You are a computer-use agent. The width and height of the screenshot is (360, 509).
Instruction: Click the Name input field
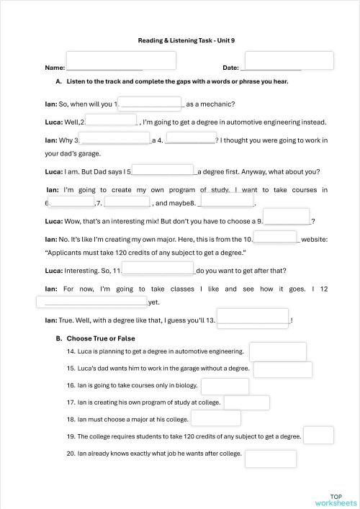(x=121, y=60)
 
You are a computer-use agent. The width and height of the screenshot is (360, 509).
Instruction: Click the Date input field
(x=289, y=60)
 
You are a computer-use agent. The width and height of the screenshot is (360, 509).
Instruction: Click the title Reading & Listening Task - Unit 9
(x=180, y=41)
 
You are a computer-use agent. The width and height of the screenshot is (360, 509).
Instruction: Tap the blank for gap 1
(x=150, y=104)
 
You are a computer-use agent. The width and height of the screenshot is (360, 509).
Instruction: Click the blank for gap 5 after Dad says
(x=163, y=171)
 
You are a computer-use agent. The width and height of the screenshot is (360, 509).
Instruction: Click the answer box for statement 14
(x=277, y=351)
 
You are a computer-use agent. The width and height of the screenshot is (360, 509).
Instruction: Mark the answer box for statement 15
(x=283, y=369)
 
